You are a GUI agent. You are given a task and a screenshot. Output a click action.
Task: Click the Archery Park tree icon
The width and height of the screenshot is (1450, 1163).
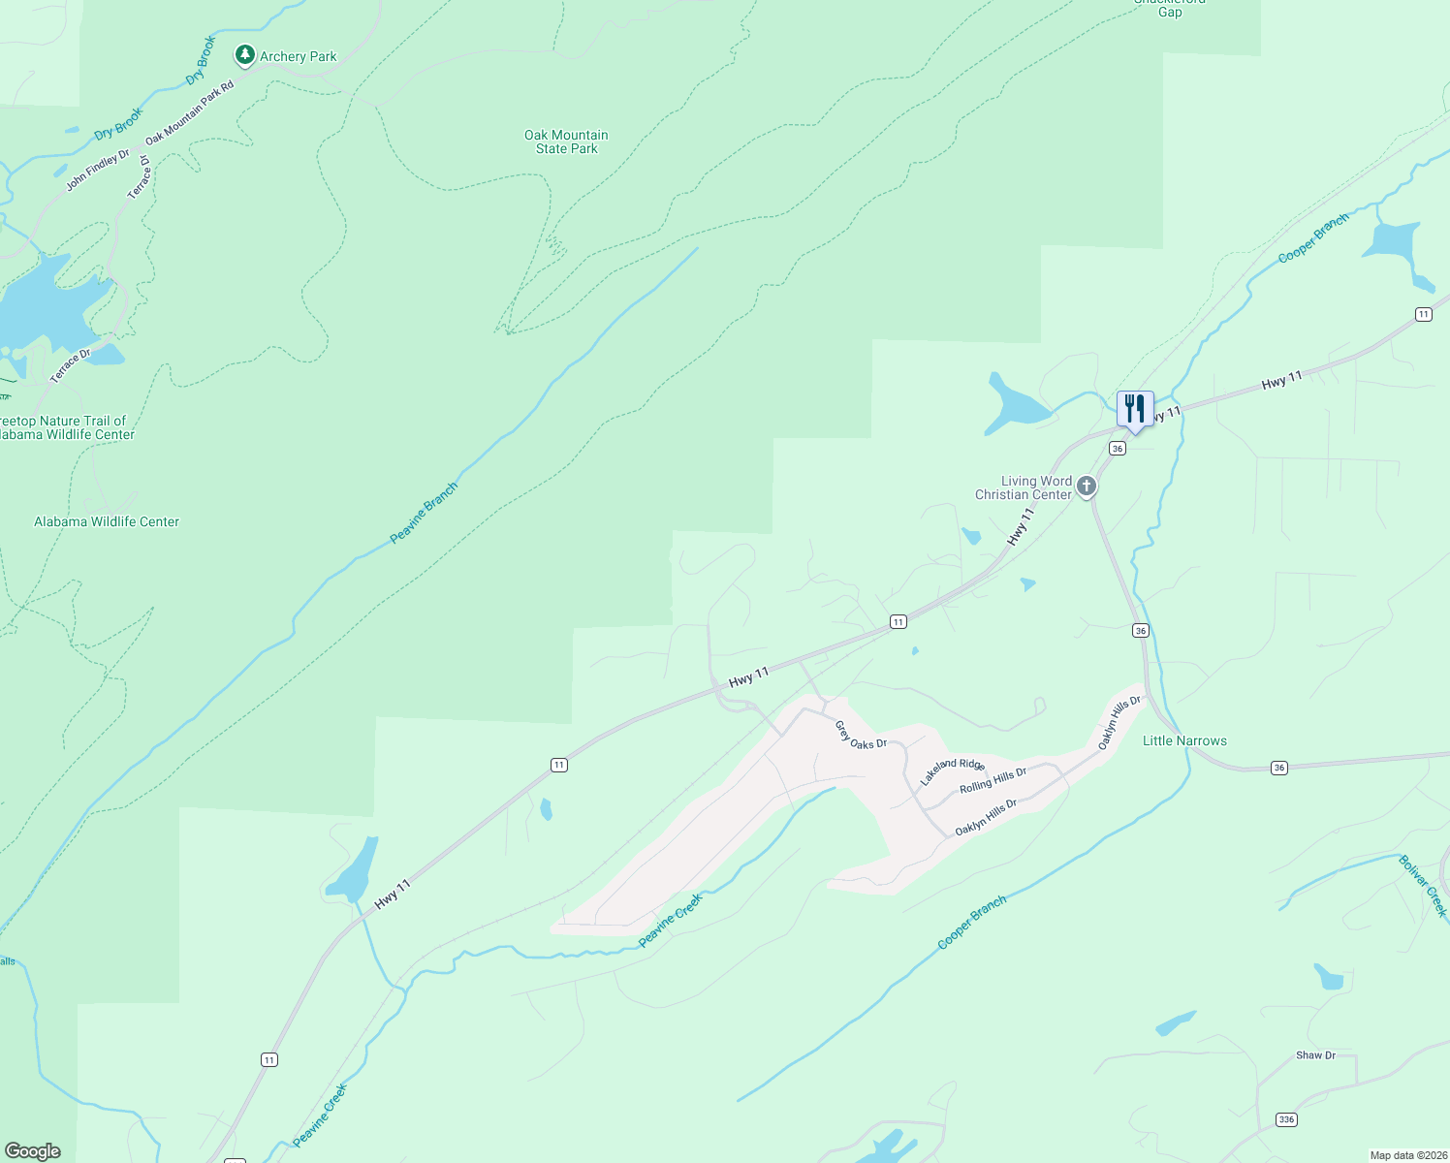[245, 55]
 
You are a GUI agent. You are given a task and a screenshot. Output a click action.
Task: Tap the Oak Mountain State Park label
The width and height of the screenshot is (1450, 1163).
[566, 141]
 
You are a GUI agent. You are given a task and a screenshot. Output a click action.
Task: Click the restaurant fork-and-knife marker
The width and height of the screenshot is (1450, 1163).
[1135, 408]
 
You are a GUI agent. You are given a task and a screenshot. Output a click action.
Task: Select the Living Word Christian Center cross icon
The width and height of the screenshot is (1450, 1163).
[1087, 487]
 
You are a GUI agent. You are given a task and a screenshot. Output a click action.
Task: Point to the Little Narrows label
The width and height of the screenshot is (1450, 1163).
[1184, 740]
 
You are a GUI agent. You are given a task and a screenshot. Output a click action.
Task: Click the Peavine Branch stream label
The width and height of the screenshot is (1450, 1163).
[424, 513]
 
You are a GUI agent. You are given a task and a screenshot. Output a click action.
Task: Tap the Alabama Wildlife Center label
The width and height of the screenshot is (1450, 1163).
[107, 521]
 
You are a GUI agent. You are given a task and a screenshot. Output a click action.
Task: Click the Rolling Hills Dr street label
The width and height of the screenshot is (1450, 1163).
[993, 781]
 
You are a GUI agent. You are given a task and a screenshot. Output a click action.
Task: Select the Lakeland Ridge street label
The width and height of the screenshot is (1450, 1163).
[952, 771]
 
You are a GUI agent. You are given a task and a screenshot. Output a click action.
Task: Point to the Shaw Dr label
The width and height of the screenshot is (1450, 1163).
[1315, 1055]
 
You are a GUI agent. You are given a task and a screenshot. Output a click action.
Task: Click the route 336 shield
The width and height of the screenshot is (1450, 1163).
[1286, 1119]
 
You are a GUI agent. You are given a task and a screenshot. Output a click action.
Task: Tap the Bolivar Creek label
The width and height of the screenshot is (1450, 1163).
[1422, 886]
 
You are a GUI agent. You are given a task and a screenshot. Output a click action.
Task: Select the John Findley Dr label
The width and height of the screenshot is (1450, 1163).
[97, 170]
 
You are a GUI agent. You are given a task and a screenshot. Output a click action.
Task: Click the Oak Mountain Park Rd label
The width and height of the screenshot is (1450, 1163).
[190, 113]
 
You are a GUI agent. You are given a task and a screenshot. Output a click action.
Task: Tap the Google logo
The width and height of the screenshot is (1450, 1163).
[33, 1151]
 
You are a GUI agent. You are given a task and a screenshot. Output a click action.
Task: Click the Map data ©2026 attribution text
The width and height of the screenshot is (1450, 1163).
[1406, 1155]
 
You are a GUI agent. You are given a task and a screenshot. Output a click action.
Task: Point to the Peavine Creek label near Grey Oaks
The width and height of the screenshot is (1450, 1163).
[671, 921]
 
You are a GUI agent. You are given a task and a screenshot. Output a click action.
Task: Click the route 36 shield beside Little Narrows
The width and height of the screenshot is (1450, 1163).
[1279, 768]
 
